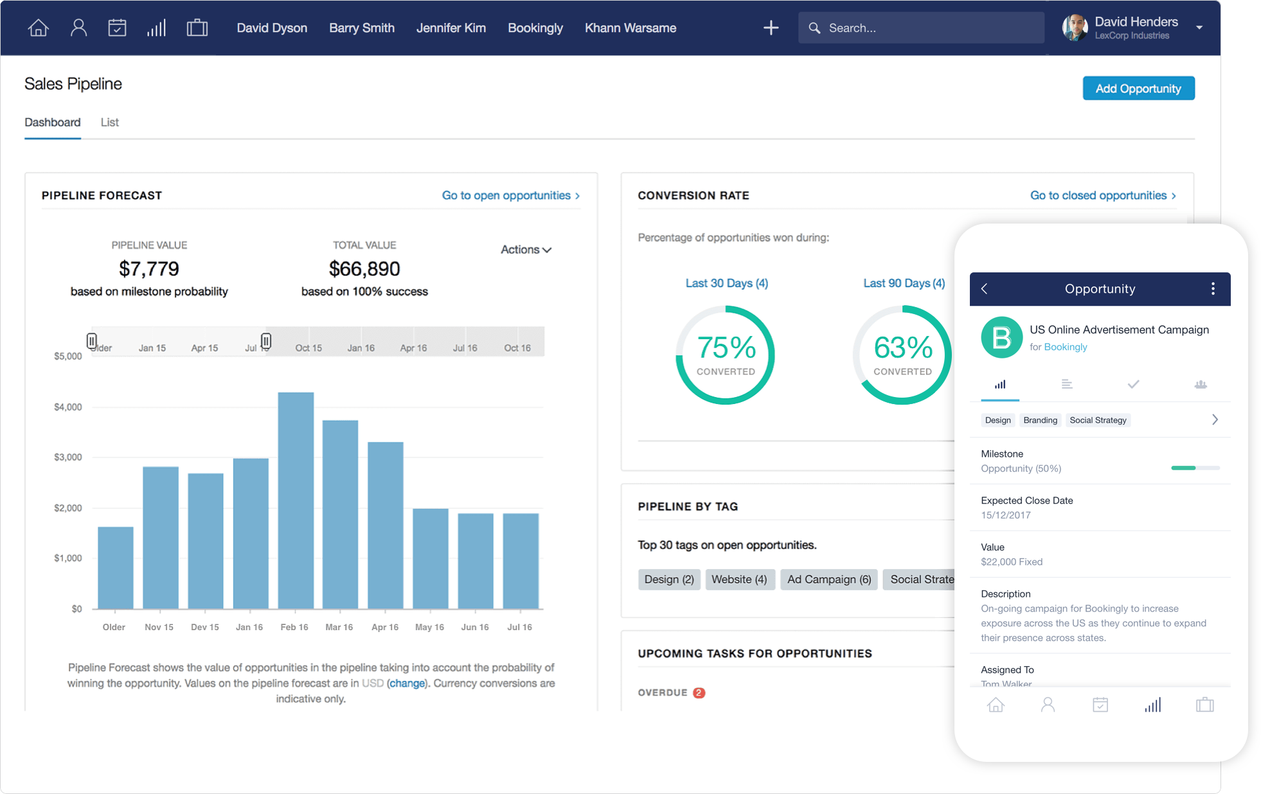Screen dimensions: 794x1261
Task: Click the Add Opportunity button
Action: [1138, 89]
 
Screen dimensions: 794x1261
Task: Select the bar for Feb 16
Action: [296, 501]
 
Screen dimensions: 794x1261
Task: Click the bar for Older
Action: [115, 568]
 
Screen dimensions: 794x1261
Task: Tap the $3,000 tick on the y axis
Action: [67, 457]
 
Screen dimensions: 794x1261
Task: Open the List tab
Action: [109, 122]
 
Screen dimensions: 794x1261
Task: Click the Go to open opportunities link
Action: [510, 195]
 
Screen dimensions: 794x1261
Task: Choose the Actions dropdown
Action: [526, 249]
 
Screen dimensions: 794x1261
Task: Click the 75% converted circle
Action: [726, 355]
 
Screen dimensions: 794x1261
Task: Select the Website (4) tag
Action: [739, 579]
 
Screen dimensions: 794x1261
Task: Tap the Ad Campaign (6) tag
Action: [828, 579]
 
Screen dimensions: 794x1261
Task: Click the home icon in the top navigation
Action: [39, 28]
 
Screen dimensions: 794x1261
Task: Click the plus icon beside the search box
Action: [771, 28]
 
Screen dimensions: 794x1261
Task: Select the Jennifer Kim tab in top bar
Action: [451, 28]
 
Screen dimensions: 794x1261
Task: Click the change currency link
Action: [407, 683]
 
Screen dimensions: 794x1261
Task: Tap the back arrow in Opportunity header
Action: [985, 289]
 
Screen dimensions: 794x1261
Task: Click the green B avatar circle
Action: [1001, 337]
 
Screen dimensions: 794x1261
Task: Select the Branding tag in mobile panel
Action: [1039, 420]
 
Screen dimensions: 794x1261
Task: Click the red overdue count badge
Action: [699, 693]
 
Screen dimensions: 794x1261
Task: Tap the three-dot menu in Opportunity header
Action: [1212, 289]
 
